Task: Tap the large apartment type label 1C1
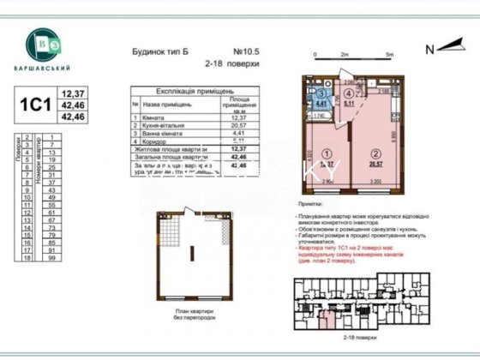[34, 102]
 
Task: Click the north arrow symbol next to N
[449, 50]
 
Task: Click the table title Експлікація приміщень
[182, 89]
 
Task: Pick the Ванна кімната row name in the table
[169, 133]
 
